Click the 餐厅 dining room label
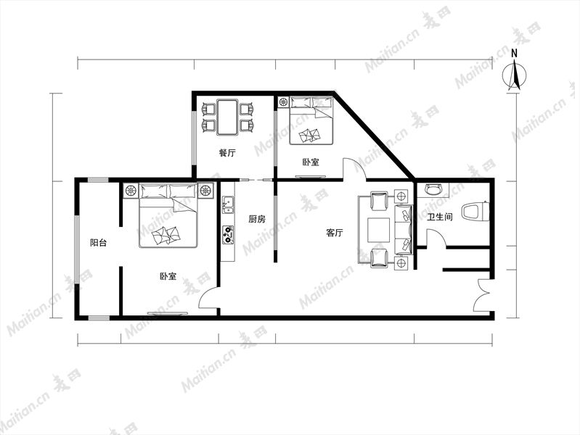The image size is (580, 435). click(227, 153)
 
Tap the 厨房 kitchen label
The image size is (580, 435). click(257, 219)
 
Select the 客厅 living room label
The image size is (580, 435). click(335, 233)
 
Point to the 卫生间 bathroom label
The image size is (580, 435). click(440, 217)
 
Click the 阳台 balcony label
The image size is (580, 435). click(99, 242)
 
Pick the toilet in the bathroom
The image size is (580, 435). click(475, 212)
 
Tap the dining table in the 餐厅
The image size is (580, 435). click(227, 117)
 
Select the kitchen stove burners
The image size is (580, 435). click(227, 236)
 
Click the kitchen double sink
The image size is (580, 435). click(227, 205)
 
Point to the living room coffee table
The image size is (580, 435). click(378, 230)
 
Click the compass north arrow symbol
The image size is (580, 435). click(515, 76)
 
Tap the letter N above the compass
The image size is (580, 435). click(514, 53)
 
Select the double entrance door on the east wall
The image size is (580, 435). click(483, 295)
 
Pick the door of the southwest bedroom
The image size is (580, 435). click(208, 297)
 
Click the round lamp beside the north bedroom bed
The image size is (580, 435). click(284, 102)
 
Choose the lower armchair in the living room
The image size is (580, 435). click(379, 257)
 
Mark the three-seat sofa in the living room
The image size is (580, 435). click(404, 230)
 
